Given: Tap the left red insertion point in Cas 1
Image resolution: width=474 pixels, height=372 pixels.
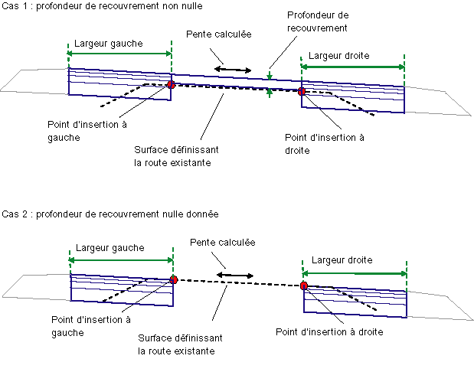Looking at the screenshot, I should pyautogui.click(x=171, y=85).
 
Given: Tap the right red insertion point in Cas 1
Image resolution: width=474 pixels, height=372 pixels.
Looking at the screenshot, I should pyautogui.click(x=302, y=92).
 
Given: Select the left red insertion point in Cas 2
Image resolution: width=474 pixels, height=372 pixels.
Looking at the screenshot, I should pyautogui.click(x=174, y=280).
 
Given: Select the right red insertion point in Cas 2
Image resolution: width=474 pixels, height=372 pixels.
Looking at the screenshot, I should pyautogui.click(x=304, y=286).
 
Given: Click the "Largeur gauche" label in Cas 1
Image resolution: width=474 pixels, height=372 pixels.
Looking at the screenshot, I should pyautogui.click(x=108, y=44).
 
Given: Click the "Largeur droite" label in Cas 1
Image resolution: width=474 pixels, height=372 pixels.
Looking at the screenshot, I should pyautogui.click(x=340, y=56).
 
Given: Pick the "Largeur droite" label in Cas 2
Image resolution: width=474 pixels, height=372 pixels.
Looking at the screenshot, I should pyautogui.click(x=343, y=259).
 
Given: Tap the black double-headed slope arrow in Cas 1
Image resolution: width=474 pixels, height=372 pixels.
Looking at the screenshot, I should pyautogui.click(x=233, y=70).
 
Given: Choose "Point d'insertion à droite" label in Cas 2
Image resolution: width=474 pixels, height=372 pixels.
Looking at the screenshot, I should pyautogui.click(x=329, y=331).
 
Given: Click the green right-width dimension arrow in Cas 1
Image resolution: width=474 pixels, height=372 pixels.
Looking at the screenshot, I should pyautogui.click(x=352, y=67).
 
